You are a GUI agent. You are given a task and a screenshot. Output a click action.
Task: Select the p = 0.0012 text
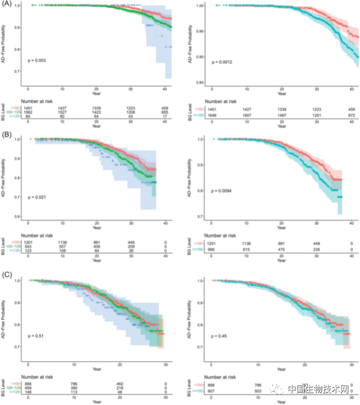pos(223,62)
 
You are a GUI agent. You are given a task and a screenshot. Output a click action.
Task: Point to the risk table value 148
pos(29,393)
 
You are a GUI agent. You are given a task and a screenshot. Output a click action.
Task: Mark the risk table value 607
pos(212,389)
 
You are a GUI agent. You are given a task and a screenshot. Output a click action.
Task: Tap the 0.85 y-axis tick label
pos(201,83)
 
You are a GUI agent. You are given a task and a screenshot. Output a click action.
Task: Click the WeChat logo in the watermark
pos(280,388)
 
